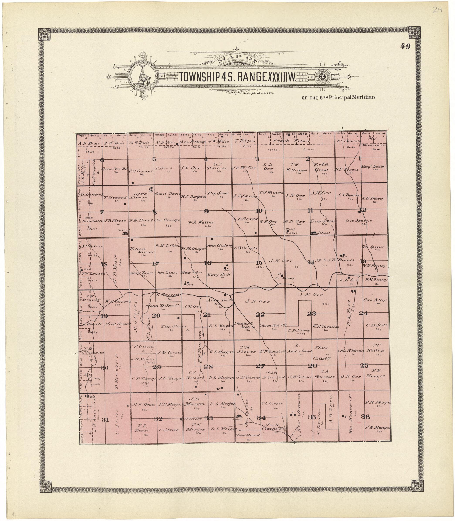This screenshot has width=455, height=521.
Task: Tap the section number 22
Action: (x=260, y=315)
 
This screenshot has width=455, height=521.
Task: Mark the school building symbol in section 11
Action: (x=314, y=232)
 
